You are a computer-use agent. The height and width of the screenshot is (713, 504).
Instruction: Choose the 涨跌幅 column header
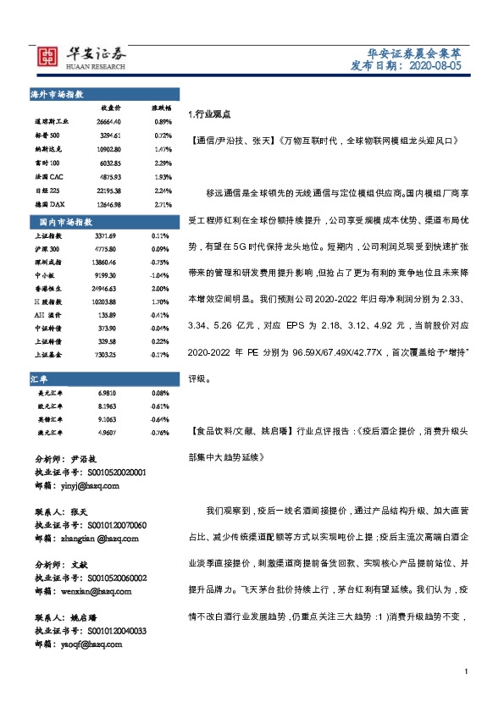coord(161,108)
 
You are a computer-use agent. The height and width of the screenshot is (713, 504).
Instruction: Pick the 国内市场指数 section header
coord(67,221)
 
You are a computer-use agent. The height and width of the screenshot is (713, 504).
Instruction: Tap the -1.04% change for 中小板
coord(161,276)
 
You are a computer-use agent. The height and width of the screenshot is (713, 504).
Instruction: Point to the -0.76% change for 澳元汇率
coord(161,409)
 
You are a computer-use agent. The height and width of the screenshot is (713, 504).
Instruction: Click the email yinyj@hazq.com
coord(89,487)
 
